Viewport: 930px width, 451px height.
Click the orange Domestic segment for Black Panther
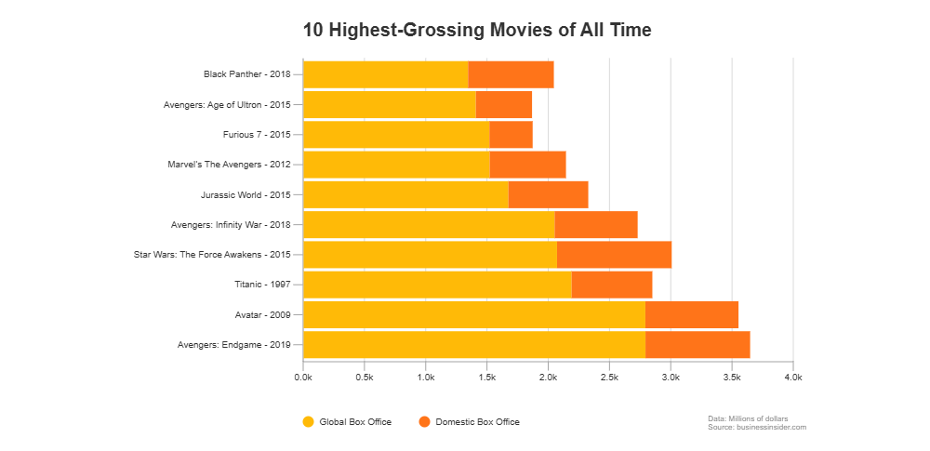click(511, 74)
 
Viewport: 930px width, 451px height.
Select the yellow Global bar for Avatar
click(473, 314)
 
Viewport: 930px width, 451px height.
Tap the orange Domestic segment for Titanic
click(612, 285)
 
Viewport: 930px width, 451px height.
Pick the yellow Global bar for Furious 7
click(395, 135)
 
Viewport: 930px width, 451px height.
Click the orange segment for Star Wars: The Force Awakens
click(614, 254)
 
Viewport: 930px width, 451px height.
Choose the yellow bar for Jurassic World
click(405, 194)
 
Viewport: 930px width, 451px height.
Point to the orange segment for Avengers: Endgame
click(697, 344)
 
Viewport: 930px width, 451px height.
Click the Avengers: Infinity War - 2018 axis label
click(231, 225)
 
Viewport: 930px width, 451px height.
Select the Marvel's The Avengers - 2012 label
click(229, 165)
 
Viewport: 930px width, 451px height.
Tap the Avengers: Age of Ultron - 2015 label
click(227, 105)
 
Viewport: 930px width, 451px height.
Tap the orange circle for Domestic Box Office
click(425, 422)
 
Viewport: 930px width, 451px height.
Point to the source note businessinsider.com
click(756, 427)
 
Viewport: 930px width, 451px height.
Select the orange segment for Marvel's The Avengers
click(527, 165)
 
